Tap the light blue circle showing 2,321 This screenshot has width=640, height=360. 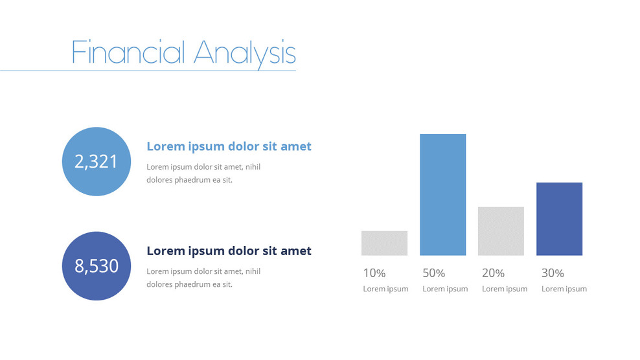coord(96,161)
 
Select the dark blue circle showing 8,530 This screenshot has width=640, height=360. coord(96,265)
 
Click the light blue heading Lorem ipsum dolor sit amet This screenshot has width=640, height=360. coord(229,146)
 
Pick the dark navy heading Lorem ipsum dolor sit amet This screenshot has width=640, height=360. coord(229,251)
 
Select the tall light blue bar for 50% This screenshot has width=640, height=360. coord(442,194)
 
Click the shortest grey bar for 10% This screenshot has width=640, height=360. coord(384,243)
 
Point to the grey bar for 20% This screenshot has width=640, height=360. coord(501,231)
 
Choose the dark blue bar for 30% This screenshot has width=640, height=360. coord(559,219)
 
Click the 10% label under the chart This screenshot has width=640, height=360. coord(374,273)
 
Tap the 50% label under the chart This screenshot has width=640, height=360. coord(433,273)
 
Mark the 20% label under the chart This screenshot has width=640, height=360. coord(493,273)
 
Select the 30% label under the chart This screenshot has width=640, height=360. coord(553,273)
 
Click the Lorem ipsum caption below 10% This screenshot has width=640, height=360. coord(385,289)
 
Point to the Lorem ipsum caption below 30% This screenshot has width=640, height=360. coord(564,289)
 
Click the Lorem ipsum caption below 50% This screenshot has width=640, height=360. coord(445,289)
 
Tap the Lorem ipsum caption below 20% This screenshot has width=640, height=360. coord(505,289)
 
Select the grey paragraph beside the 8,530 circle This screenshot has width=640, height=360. coord(203,278)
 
